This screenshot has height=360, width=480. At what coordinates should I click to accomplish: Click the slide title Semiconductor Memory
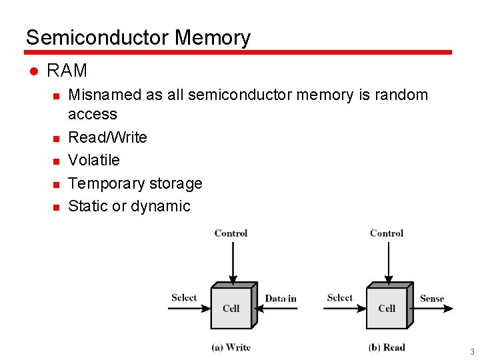(138, 37)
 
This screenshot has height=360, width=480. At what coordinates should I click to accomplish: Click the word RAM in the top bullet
(67, 71)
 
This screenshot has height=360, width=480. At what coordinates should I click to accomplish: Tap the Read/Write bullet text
(107, 137)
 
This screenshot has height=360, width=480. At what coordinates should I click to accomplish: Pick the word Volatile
(94, 160)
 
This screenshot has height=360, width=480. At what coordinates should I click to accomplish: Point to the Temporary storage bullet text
(135, 183)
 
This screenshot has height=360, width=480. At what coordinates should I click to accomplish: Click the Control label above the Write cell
(231, 233)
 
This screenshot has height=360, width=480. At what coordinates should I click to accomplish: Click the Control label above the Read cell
(387, 233)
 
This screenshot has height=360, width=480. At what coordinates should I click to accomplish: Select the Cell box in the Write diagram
(231, 308)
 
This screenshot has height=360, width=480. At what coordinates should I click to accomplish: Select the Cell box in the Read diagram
(387, 308)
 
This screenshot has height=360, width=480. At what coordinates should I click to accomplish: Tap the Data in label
(281, 299)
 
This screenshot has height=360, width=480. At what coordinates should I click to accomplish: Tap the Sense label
(432, 299)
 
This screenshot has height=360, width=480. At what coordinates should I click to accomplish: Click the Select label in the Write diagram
(184, 298)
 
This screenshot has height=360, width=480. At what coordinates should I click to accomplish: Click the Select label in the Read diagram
(340, 298)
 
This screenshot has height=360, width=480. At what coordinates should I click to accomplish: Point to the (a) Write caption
(231, 347)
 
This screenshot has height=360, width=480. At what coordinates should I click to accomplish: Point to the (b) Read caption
(387, 347)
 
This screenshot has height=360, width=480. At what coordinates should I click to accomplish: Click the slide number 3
(472, 352)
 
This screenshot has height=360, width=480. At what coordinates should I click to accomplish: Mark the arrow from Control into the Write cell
(231, 261)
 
